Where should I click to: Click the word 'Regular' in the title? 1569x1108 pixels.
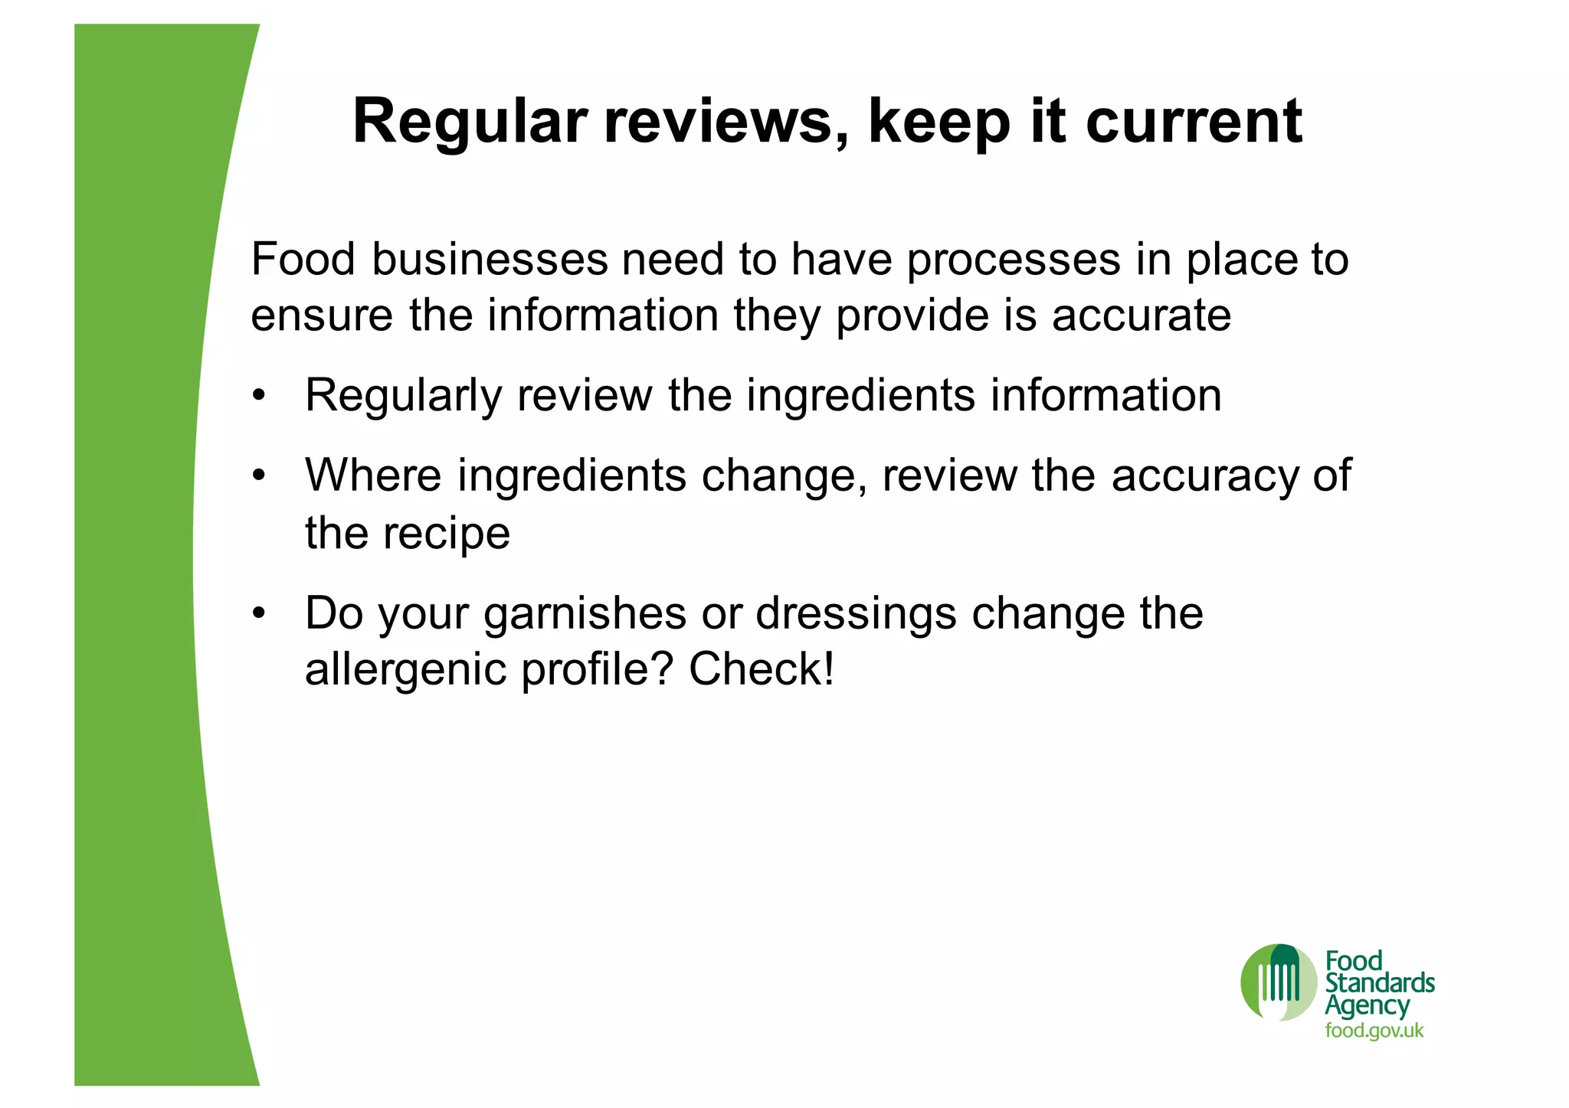pyautogui.click(x=470, y=123)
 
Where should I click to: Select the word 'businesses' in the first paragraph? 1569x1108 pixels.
pyautogui.click(x=490, y=260)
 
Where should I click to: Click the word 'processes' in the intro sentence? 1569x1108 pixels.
pyautogui.click(x=1014, y=260)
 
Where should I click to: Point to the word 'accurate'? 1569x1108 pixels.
pyautogui.click(x=1142, y=315)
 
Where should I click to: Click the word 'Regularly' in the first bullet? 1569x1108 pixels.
pyautogui.click(x=403, y=396)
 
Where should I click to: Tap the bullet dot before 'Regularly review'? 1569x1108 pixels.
pyautogui.click(x=260, y=397)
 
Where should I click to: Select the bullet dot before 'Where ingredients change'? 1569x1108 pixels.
pyautogui.click(x=260, y=476)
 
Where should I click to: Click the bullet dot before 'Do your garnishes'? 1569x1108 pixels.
pyautogui.click(x=260, y=613)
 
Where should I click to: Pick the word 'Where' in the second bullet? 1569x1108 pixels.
pyautogui.click(x=373, y=476)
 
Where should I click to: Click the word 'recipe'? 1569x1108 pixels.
pyautogui.click(x=447, y=534)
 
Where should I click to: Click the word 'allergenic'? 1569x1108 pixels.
pyautogui.click(x=405, y=669)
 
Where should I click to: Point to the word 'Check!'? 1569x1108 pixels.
pyautogui.click(x=761, y=669)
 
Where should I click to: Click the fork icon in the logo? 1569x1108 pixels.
pyautogui.click(x=1279, y=981)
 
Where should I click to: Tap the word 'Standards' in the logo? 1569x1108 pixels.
pyautogui.click(x=1380, y=983)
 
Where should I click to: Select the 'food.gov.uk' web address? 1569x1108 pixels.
pyautogui.click(x=1374, y=1031)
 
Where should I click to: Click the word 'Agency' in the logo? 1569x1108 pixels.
pyautogui.click(x=1368, y=1006)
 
